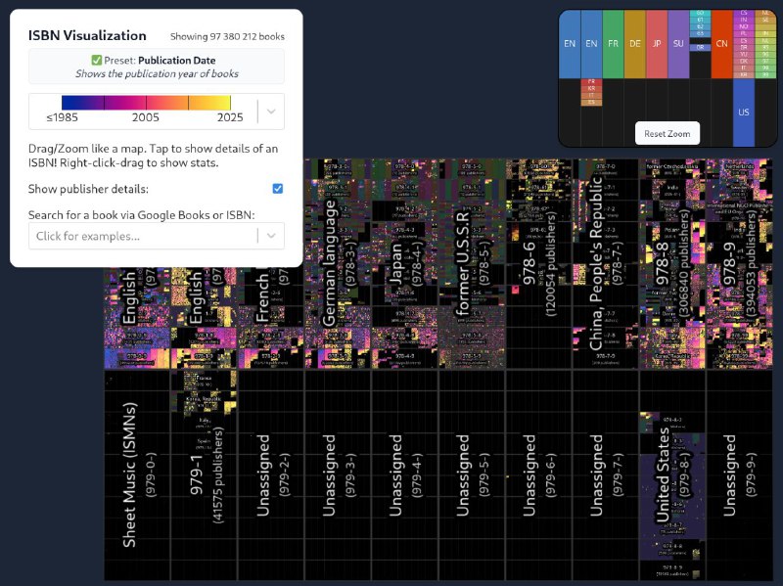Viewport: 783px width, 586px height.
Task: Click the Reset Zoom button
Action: (667, 133)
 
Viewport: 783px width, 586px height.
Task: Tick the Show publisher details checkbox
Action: (278, 188)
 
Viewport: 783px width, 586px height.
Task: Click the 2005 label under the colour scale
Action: (146, 117)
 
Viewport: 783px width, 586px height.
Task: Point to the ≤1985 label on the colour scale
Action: (64, 117)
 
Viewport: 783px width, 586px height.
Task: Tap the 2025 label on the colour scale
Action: (230, 117)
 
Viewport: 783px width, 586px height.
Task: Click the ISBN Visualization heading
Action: (87, 36)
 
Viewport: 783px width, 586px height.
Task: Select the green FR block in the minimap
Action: (613, 44)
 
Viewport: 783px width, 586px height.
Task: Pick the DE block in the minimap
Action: (635, 44)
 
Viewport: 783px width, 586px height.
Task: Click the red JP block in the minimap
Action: (657, 44)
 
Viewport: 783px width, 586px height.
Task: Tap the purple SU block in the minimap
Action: (678, 44)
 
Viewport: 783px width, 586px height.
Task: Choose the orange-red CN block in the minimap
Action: (721, 44)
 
